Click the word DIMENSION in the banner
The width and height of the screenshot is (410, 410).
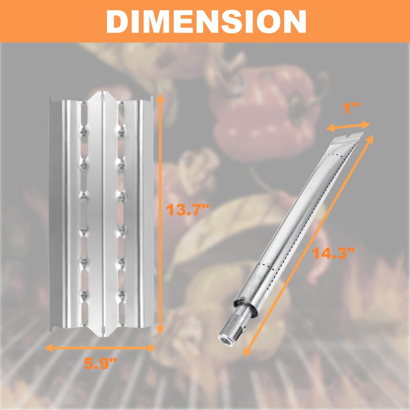pyautogui.click(x=206, y=22)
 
